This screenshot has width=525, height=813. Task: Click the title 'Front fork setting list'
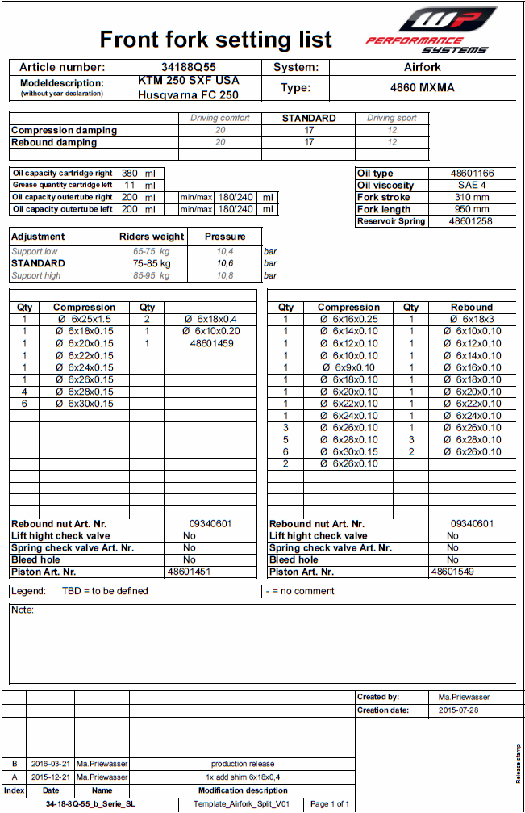(215, 39)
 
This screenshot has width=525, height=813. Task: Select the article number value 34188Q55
(189, 68)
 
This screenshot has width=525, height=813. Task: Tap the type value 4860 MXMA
(422, 88)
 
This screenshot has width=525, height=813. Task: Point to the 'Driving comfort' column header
(220, 118)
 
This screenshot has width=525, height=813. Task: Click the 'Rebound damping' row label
(54, 143)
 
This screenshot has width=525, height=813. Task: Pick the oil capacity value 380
(129, 174)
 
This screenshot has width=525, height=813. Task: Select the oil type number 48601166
(472, 174)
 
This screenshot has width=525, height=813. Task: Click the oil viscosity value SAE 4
(472, 186)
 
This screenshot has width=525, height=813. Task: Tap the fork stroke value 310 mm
(472, 198)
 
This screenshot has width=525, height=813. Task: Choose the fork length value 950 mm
(472, 210)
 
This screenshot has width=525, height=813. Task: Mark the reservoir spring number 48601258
(472, 221)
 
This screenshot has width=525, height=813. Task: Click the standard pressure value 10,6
(225, 263)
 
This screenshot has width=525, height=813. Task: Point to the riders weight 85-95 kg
(152, 276)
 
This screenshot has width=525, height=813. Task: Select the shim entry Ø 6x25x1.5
(85, 320)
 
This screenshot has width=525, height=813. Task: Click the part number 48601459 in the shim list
(211, 344)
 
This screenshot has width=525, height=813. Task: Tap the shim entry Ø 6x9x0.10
(348, 368)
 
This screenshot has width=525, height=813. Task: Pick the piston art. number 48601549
(452, 572)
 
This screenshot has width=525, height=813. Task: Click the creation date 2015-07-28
(459, 711)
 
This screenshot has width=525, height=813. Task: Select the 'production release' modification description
(243, 764)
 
